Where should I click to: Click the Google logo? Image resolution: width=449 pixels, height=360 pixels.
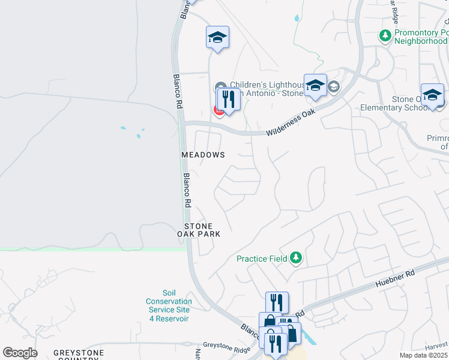tap(20, 353)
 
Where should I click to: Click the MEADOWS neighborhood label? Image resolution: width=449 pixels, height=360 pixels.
tap(203, 155)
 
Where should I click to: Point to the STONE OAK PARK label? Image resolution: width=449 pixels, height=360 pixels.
tap(199, 230)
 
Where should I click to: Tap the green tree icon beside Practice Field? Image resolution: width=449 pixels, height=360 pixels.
tap(295, 258)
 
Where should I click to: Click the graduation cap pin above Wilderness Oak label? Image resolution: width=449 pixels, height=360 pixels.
tap(315, 85)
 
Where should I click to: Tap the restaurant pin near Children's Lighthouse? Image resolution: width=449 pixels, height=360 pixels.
tap(228, 98)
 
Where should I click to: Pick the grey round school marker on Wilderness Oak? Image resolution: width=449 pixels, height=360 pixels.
tap(334, 88)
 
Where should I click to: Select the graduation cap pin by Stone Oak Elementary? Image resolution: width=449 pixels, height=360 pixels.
tap(432, 95)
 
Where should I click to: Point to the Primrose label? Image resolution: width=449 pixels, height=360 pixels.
tap(436, 142)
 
